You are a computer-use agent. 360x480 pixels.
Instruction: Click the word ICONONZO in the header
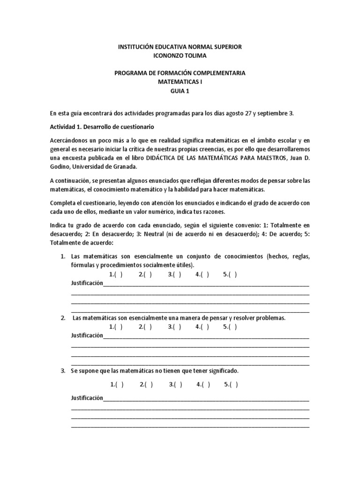(167, 56)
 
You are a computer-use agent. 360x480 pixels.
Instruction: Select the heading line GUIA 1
(180, 91)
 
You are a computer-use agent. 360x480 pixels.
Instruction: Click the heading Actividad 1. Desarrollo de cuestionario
(102, 127)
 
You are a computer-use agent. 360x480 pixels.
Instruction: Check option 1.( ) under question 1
(116, 275)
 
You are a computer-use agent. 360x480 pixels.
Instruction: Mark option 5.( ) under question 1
(230, 275)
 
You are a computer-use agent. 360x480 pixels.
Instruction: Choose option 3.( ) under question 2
(174, 327)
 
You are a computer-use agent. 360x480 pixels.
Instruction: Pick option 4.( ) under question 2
(202, 327)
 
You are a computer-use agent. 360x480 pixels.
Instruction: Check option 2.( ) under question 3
(146, 385)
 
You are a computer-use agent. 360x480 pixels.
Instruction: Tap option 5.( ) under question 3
(231, 385)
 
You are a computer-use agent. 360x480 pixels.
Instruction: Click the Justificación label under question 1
(87, 284)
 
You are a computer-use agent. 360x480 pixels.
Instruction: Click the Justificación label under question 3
(87, 398)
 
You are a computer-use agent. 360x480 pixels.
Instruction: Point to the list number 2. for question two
(63, 318)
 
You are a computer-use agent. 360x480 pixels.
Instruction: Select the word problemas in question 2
(270, 318)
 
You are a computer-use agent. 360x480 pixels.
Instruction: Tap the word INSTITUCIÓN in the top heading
(135, 47)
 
